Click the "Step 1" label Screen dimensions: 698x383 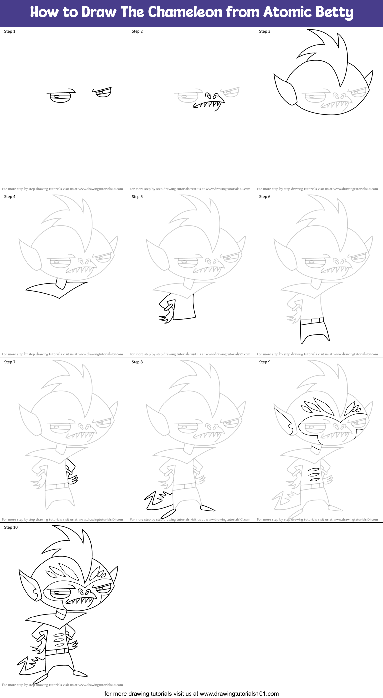[x=10, y=31]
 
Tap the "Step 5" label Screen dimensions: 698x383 [x=137, y=197]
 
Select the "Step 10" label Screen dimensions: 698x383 [x=11, y=527]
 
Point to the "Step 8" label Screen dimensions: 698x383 [x=137, y=362]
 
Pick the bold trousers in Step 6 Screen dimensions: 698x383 [x=313, y=330]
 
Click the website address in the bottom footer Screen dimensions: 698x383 [x=239, y=693]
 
